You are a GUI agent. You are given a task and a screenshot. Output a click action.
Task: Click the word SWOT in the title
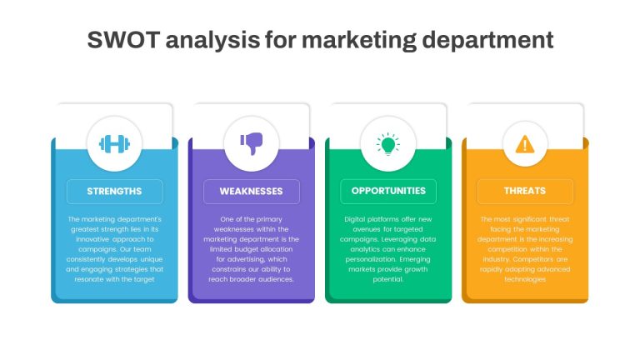tap(122, 40)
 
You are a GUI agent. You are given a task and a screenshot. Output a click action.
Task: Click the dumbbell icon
tap(115, 144)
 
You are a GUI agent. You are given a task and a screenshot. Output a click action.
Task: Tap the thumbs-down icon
tap(252, 143)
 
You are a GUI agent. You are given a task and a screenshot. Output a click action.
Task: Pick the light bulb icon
tap(388, 144)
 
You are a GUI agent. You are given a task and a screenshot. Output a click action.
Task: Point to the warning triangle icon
tap(525, 144)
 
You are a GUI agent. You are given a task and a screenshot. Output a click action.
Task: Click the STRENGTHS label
tap(114, 192)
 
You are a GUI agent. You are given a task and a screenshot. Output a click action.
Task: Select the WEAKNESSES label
tap(251, 192)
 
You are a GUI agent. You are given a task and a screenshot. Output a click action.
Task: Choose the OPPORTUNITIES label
tap(388, 191)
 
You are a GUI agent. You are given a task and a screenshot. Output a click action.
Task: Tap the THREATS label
tap(525, 191)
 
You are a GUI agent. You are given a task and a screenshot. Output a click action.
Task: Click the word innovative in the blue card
tap(92, 239)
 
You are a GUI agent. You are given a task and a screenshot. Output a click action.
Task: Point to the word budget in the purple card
tap(246, 249)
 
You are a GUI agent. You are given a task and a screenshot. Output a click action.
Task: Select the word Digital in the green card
tap(354, 220)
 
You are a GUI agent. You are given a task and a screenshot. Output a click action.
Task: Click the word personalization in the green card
tap(371, 260)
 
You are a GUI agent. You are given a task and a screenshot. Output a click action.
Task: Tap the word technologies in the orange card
tap(525, 280)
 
